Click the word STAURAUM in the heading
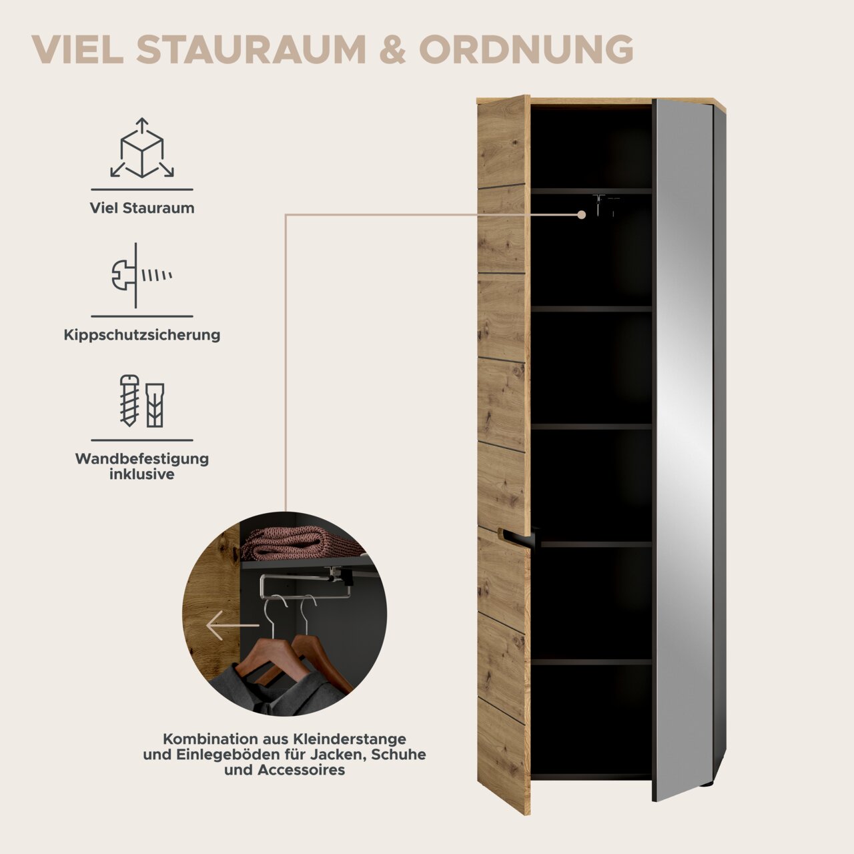(251, 49)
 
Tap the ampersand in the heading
(392, 49)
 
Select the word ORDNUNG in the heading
(526, 49)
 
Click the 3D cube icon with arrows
(142, 148)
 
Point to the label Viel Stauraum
(142, 208)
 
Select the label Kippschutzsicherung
(142, 335)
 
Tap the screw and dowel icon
(142, 401)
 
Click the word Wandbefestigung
(142, 458)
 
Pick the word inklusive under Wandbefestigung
(142, 474)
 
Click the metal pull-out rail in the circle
(306, 585)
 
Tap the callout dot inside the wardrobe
(582, 215)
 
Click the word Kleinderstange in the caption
(349, 739)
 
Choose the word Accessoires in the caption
(302, 770)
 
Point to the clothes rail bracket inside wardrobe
(605, 205)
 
